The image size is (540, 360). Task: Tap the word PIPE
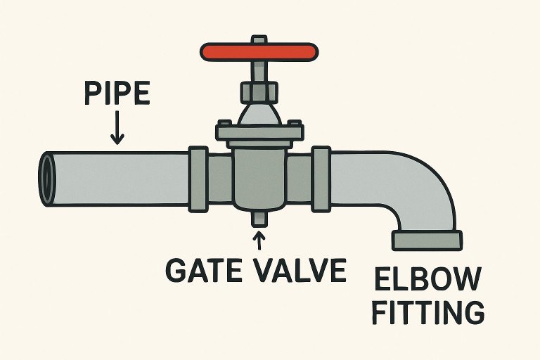click(x=117, y=94)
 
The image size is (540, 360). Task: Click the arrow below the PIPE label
click(x=117, y=129)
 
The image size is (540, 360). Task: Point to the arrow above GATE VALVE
click(x=259, y=241)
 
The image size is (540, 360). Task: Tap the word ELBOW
click(x=427, y=281)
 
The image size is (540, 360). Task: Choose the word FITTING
click(x=427, y=312)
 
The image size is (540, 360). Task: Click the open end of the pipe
click(x=47, y=179)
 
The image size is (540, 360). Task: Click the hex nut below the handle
click(x=259, y=91)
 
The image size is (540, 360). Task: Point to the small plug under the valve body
click(x=259, y=219)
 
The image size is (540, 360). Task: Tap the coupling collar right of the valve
click(x=321, y=179)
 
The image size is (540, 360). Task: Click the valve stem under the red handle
click(x=259, y=70)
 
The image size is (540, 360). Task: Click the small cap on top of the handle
click(x=259, y=39)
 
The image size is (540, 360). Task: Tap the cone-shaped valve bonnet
click(x=259, y=112)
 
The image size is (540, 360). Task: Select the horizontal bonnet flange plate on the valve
click(x=259, y=131)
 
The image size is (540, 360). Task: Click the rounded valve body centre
click(x=259, y=176)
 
